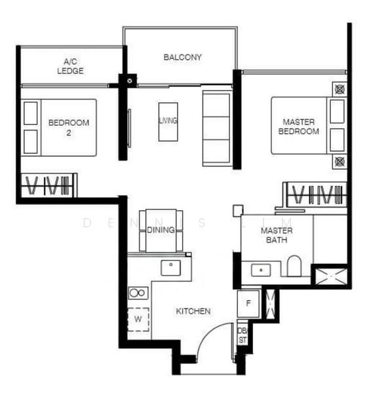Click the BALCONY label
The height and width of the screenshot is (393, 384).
tap(183, 58)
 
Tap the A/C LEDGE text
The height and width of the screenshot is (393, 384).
tap(70, 66)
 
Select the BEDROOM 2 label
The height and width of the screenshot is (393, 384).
tap(69, 128)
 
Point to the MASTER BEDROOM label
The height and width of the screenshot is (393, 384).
tap(298, 126)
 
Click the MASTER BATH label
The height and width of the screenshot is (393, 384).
tap(277, 235)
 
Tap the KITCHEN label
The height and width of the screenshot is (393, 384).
tap(193, 311)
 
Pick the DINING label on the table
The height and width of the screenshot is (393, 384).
tap(161, 230)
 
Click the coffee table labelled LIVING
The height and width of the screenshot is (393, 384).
tap(168, 122)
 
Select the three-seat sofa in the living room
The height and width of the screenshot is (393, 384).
tap(216, 128)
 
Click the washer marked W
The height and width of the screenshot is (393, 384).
tap(138, 320)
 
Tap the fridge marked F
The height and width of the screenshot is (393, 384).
tap(248, 303)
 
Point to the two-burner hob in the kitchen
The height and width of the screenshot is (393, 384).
tap(138, 293)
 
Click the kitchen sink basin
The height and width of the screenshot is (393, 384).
tap(171, 268)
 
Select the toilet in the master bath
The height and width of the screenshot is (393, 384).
tap(294, 266)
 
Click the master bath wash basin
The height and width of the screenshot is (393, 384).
tap(261, 270)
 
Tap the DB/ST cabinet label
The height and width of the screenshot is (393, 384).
tap(242, 335)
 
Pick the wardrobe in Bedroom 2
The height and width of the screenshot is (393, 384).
tap(49, 185)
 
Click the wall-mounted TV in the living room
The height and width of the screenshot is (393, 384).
tap(130, 128)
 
